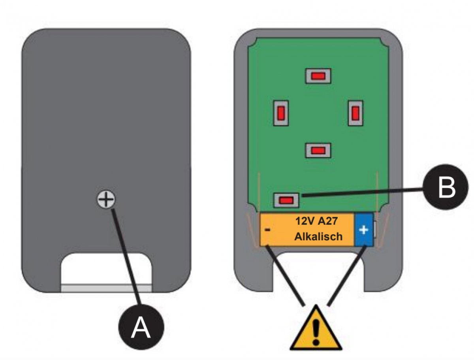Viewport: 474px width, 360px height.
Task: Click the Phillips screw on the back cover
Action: (x=106, y=199)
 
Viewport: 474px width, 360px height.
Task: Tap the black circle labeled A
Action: (x=141, y=328)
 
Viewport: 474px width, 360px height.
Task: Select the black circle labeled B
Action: (x=445, y=187)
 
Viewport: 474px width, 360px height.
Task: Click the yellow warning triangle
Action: (x=316, y=328)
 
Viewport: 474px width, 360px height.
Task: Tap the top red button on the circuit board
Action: (x=318, y=76)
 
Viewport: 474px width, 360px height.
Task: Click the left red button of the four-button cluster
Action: (x=281, y=113)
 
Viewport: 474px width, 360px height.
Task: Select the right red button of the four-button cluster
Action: (x=355, y=113)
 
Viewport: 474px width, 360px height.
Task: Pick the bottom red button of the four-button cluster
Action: (x=318, y=151)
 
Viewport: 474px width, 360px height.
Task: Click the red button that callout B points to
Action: (x=286, y=200)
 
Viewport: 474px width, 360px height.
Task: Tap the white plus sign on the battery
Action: (x=364, y=230)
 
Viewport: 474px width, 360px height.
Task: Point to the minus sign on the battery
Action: (x=267, y=230)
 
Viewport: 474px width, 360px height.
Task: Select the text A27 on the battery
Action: (x=328, y=221)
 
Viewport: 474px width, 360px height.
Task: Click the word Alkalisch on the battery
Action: (x=318, y=237)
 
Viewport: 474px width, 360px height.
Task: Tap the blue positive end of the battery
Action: (x=364, y=230)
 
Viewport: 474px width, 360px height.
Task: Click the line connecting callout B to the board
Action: (x=362, y=192)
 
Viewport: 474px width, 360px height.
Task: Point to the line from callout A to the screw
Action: (x=126, y=257)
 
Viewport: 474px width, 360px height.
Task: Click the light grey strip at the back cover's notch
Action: (x=107, y=288)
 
